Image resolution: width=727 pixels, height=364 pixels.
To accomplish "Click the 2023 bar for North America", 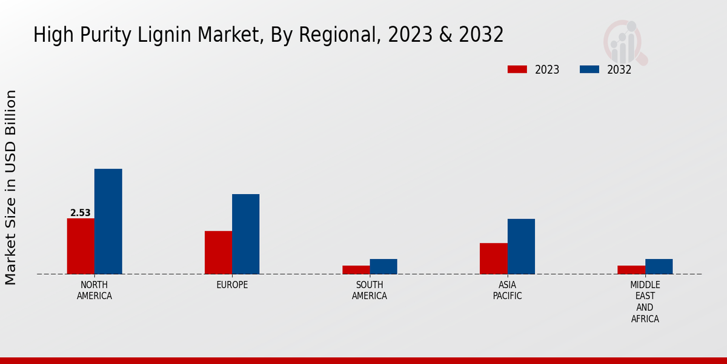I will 81,246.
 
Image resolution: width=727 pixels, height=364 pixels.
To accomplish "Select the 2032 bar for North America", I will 108,221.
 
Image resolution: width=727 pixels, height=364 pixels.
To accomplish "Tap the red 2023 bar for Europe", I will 218,252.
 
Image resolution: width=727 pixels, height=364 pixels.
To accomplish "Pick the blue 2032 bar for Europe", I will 245,234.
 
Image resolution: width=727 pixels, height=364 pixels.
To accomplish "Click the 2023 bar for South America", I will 356,269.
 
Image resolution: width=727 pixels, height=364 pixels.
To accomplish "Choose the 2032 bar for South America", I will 383,266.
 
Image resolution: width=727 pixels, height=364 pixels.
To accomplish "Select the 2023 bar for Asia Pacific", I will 493,258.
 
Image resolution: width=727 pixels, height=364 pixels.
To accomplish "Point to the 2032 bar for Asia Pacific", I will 521,246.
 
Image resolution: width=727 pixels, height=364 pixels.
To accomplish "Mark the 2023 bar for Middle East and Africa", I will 631,269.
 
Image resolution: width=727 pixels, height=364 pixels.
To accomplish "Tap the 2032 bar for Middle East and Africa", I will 659,266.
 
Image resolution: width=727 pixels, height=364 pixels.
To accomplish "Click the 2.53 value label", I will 81,213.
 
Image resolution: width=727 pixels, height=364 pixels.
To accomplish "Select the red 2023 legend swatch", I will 517,69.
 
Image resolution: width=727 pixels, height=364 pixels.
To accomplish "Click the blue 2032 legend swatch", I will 589,69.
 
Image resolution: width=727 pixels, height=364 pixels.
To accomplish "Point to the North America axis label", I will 95,291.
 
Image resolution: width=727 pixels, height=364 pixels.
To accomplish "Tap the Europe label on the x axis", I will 232,285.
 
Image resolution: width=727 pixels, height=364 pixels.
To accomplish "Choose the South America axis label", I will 370,291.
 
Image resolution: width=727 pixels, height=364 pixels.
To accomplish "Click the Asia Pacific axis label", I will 507,291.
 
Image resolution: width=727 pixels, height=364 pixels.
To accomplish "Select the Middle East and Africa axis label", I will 645,302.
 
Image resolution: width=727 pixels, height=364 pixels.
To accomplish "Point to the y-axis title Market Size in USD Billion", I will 11,187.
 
